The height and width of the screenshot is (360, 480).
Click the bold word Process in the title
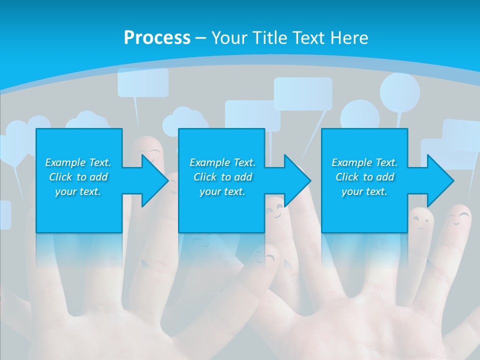[x=157, y=38]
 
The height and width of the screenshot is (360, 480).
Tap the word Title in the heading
[x=269, y=38]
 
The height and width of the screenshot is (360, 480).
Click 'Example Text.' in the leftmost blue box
[x=78, y=162]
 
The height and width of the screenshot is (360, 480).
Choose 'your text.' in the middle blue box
[x=222, y=191]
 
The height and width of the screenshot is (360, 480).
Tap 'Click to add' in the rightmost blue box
[x=364, y=177]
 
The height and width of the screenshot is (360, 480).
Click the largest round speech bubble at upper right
[x=399, y=92]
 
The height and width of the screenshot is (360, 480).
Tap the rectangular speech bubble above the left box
[x=143, y=82]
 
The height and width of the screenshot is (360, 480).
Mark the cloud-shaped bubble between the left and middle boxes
[x=185, y=120]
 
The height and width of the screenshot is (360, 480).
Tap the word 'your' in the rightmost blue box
[x=352, y=191]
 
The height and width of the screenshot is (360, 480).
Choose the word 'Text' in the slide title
[x=308, y=38]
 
